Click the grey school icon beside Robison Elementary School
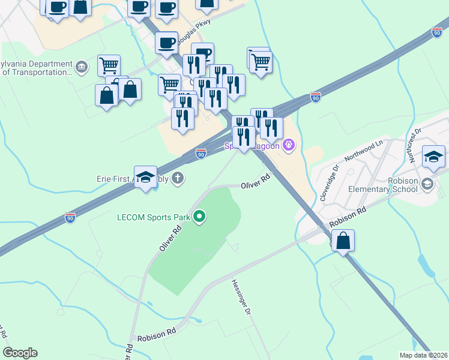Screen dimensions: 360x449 click(x=427, y=182)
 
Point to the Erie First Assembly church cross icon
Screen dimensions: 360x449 click(x=177, y=178)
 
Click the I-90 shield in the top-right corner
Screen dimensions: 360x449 click(x=436, y=33)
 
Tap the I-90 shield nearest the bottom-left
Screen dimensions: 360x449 click(x=70, y=218)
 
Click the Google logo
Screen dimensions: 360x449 click(x=20, y=353)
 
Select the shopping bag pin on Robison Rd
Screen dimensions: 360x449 click(x=343, y=241)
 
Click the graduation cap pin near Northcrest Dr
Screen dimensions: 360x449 click(x=433, y=157)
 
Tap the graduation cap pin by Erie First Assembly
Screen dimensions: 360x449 click(x=145, y=177)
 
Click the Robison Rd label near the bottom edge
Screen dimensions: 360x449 click(x=156, y=335)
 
